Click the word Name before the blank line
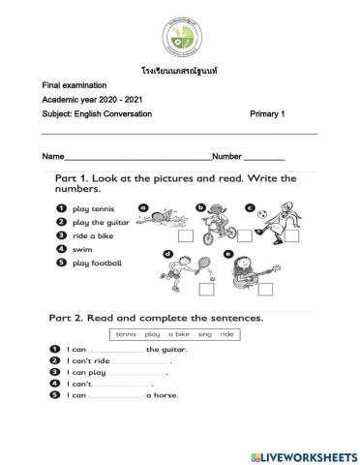(53, 156)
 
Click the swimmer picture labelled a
(162, 219)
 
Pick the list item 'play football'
(95, 262)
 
